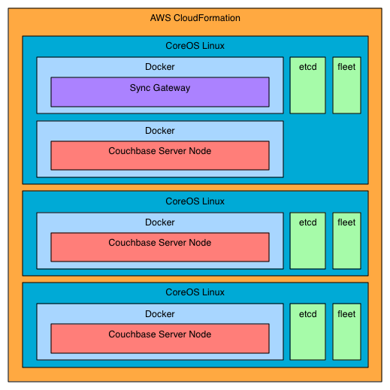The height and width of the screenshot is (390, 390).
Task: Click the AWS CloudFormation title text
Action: tap(195, 17)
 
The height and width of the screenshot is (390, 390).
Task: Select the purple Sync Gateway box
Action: tap(159, 92)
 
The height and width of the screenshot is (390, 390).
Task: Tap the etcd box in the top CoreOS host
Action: tap(308, 84)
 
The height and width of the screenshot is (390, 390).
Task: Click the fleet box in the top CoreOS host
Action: tap(346, 84)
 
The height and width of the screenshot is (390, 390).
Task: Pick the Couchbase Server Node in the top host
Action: tap(159, 155)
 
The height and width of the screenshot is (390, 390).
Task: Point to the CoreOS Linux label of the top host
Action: tap(195, 46)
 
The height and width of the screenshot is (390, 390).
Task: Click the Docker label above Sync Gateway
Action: tap(159, 67)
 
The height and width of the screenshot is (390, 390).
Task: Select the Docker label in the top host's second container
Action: tap(159, 131)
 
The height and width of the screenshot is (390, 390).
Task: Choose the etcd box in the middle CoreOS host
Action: tap(308, 240)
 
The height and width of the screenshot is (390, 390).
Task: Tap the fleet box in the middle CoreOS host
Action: tap(346, 240)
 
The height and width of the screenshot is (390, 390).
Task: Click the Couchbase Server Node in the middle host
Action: tap(159, 246)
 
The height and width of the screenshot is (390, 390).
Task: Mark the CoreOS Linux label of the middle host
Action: tap(195, 201)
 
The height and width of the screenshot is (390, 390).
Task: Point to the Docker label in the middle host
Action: tap(159, 222)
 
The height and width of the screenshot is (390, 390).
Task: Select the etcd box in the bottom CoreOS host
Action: tap(308, 331)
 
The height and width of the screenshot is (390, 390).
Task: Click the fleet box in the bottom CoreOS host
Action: tap(346, 331)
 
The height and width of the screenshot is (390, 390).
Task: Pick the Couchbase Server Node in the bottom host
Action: tap(159, 338)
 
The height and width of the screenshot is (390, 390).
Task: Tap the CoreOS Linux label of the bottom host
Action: tap(195, 292)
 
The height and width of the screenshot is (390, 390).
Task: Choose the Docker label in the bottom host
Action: tap(159, 314)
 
